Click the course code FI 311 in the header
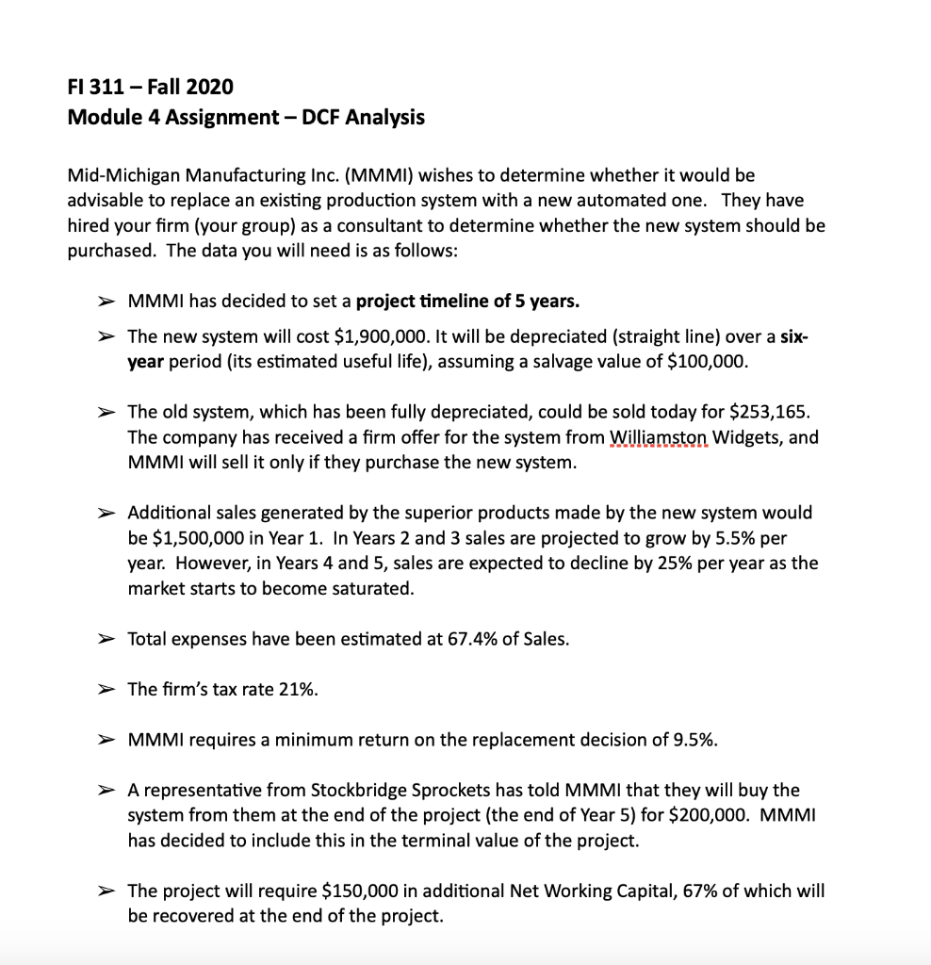pos(98,88)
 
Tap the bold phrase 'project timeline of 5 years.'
pos(468,302)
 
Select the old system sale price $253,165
pos(768,412)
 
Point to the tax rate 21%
pos(299,689)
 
